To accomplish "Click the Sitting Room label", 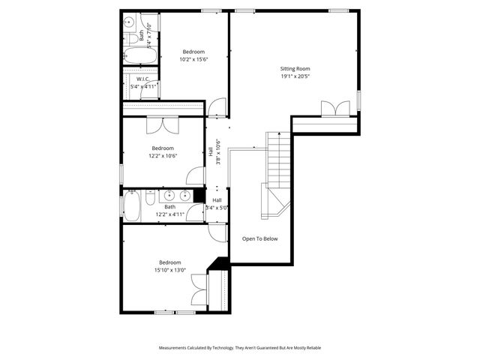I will (295, 68).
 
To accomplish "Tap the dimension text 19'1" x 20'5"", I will (295, 76).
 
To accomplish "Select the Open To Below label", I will (259, 238).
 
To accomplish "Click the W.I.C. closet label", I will (144, 79).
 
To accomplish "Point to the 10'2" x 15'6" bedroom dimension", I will (193, 59).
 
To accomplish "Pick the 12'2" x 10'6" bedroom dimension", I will (163, 156).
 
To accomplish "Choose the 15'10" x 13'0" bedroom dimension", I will (169, 270).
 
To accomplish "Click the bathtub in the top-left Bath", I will (140, 56).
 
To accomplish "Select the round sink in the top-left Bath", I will (129, 22).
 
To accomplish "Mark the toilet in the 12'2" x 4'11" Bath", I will (150, 197).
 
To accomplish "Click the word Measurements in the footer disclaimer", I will (174, 348).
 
